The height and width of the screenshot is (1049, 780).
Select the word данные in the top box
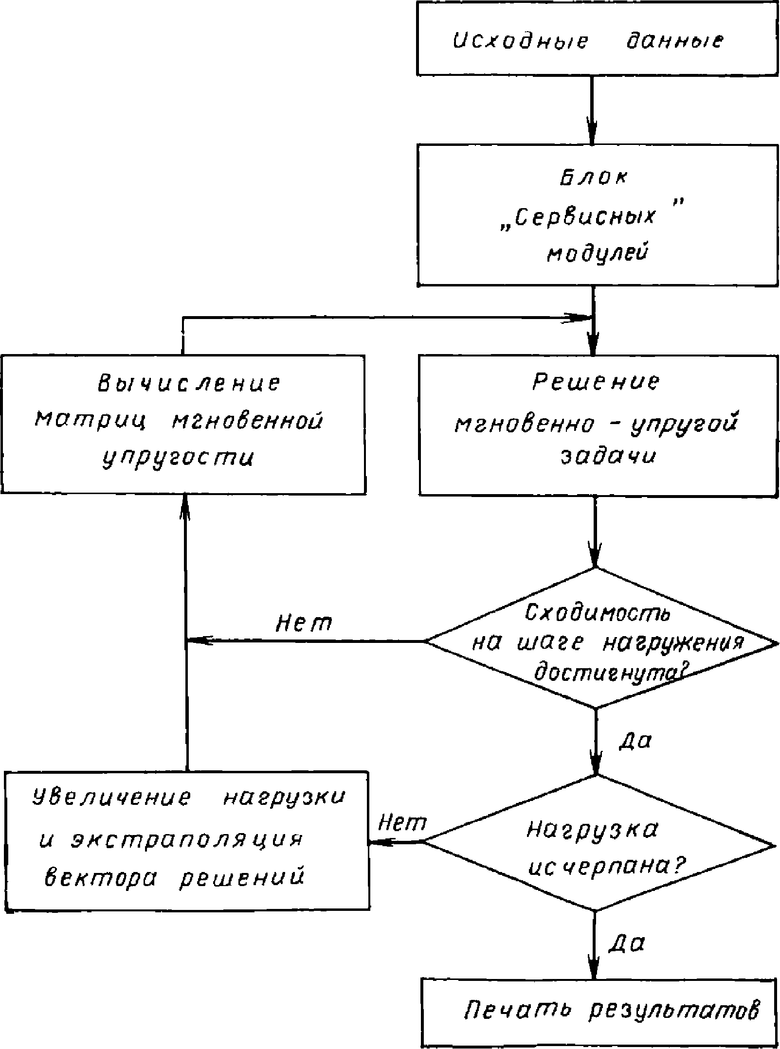[673, 41]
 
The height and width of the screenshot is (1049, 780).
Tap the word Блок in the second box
[593, 178]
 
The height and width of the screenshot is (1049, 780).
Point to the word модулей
[598, 254]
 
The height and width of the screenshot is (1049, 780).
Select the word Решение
[597, 382]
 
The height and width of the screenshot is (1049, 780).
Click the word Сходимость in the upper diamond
[598, 614]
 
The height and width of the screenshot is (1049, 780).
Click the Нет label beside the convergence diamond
[304, 623]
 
